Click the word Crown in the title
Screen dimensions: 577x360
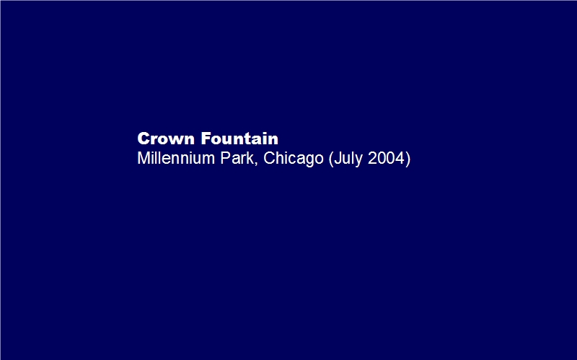click(x=166, y=139)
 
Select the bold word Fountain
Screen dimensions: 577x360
click(x=239, y=139)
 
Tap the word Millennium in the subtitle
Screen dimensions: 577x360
click(x=176, y=158)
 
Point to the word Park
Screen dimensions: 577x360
click(x=237, y=158)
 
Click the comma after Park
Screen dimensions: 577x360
click(x=256, y=163)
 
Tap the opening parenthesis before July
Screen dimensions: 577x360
click(x=331, y=159)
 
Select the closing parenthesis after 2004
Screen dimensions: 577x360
click(x=408, y=159)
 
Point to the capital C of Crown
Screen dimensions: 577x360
click(x=143, y=139)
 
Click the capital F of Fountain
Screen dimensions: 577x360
click(x=206, y=139)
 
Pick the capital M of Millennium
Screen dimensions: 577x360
click(x=144, y=158)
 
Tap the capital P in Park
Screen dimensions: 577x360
click(x=225, y=158)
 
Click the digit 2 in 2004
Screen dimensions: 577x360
click(x=372, y=158)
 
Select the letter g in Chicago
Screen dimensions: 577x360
click(x=309, y=161)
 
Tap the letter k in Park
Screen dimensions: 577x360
click(x=250, y=158)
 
